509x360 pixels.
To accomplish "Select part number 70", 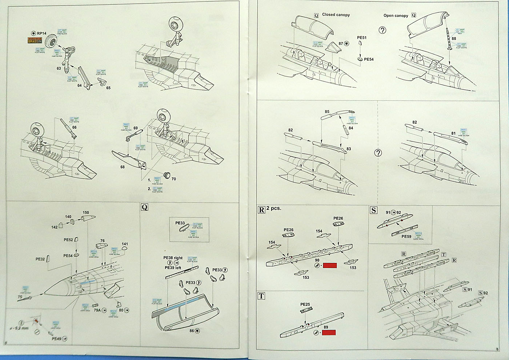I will point(173,179).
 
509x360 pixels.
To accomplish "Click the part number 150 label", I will point(86,213).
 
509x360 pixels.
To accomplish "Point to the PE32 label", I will point(40,259).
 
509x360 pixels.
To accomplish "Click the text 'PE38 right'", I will point(173,258).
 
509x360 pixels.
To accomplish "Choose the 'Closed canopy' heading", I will point(336,15).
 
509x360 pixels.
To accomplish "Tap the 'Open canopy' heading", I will point(396,16).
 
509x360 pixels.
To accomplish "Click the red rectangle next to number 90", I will point(330,265).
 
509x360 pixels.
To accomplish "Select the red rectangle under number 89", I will point(328,332).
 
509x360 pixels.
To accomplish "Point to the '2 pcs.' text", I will point(273,209).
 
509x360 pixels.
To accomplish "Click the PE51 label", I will point(362,37).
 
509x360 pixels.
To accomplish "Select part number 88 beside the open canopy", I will point(453,39).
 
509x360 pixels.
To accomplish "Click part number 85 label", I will point(327,112).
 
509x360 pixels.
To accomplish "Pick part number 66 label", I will point(75,127).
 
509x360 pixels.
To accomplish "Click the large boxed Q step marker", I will point(144,207).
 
